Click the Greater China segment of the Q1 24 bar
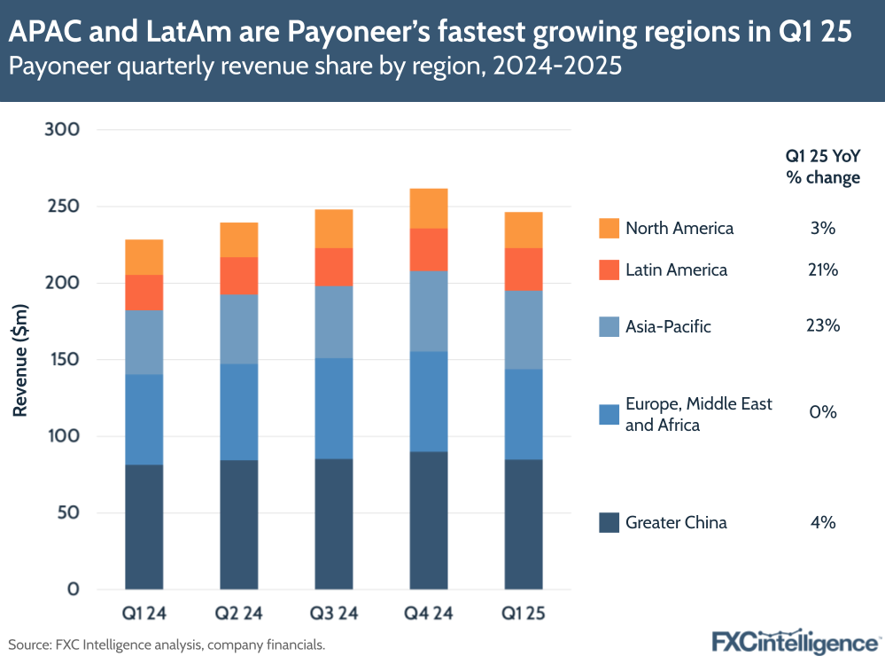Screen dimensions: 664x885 coord(144,527)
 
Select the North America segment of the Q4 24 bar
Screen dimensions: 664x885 coord(429,208)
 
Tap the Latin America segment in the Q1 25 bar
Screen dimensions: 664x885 coord(524,269)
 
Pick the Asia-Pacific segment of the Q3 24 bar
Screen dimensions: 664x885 coord(334,322)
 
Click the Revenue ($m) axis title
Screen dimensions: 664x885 coord(20,359)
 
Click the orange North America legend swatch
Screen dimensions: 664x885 coord(609,228)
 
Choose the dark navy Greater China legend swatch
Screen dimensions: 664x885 coord(609,522)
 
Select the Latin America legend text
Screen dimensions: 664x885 coord(676,270)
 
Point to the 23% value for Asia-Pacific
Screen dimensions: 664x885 coord(823,326)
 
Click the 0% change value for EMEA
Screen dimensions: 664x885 coord(823,413)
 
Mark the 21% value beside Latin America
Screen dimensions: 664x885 coord(823,270)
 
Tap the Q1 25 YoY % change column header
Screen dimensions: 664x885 coord(823,167)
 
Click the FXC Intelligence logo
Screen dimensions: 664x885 coord(795,641)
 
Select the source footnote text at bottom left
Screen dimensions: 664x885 coord(167,644)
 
